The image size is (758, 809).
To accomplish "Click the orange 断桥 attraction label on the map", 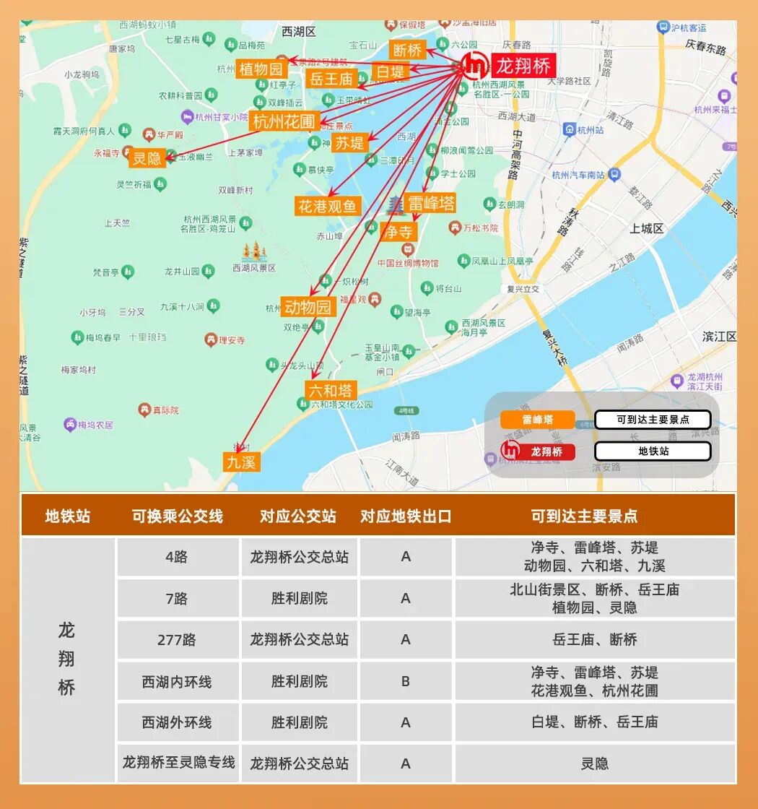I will (408, 50).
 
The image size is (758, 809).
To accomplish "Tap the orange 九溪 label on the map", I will (241, 462).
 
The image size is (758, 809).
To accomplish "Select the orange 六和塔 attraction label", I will (331, 391).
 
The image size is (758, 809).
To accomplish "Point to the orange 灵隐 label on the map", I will (147, 157).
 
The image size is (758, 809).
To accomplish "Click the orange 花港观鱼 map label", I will (327, 206).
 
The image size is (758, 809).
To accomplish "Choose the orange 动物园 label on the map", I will (308, 307).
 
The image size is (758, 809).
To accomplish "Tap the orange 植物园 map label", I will (261, 69).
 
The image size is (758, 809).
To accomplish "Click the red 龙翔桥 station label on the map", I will (523, 66).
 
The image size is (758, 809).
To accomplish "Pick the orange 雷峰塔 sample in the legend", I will (538, 420).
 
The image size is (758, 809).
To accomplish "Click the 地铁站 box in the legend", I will (653, 451).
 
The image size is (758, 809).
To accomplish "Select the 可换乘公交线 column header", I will (178, 516).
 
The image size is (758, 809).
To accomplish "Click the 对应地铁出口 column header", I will (406, 516).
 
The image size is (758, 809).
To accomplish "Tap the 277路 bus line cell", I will (178, 640).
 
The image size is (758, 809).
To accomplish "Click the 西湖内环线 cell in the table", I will (178, 681).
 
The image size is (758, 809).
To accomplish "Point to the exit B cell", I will (406, 681).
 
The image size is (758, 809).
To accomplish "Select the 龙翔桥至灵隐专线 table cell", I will (178, 763).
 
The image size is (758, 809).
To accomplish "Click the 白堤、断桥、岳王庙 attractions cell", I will (595, 722).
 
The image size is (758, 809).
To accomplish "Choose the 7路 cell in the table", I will (178, 599).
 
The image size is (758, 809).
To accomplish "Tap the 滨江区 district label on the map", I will (719, 337).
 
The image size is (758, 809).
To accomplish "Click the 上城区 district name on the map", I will (646, 228).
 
